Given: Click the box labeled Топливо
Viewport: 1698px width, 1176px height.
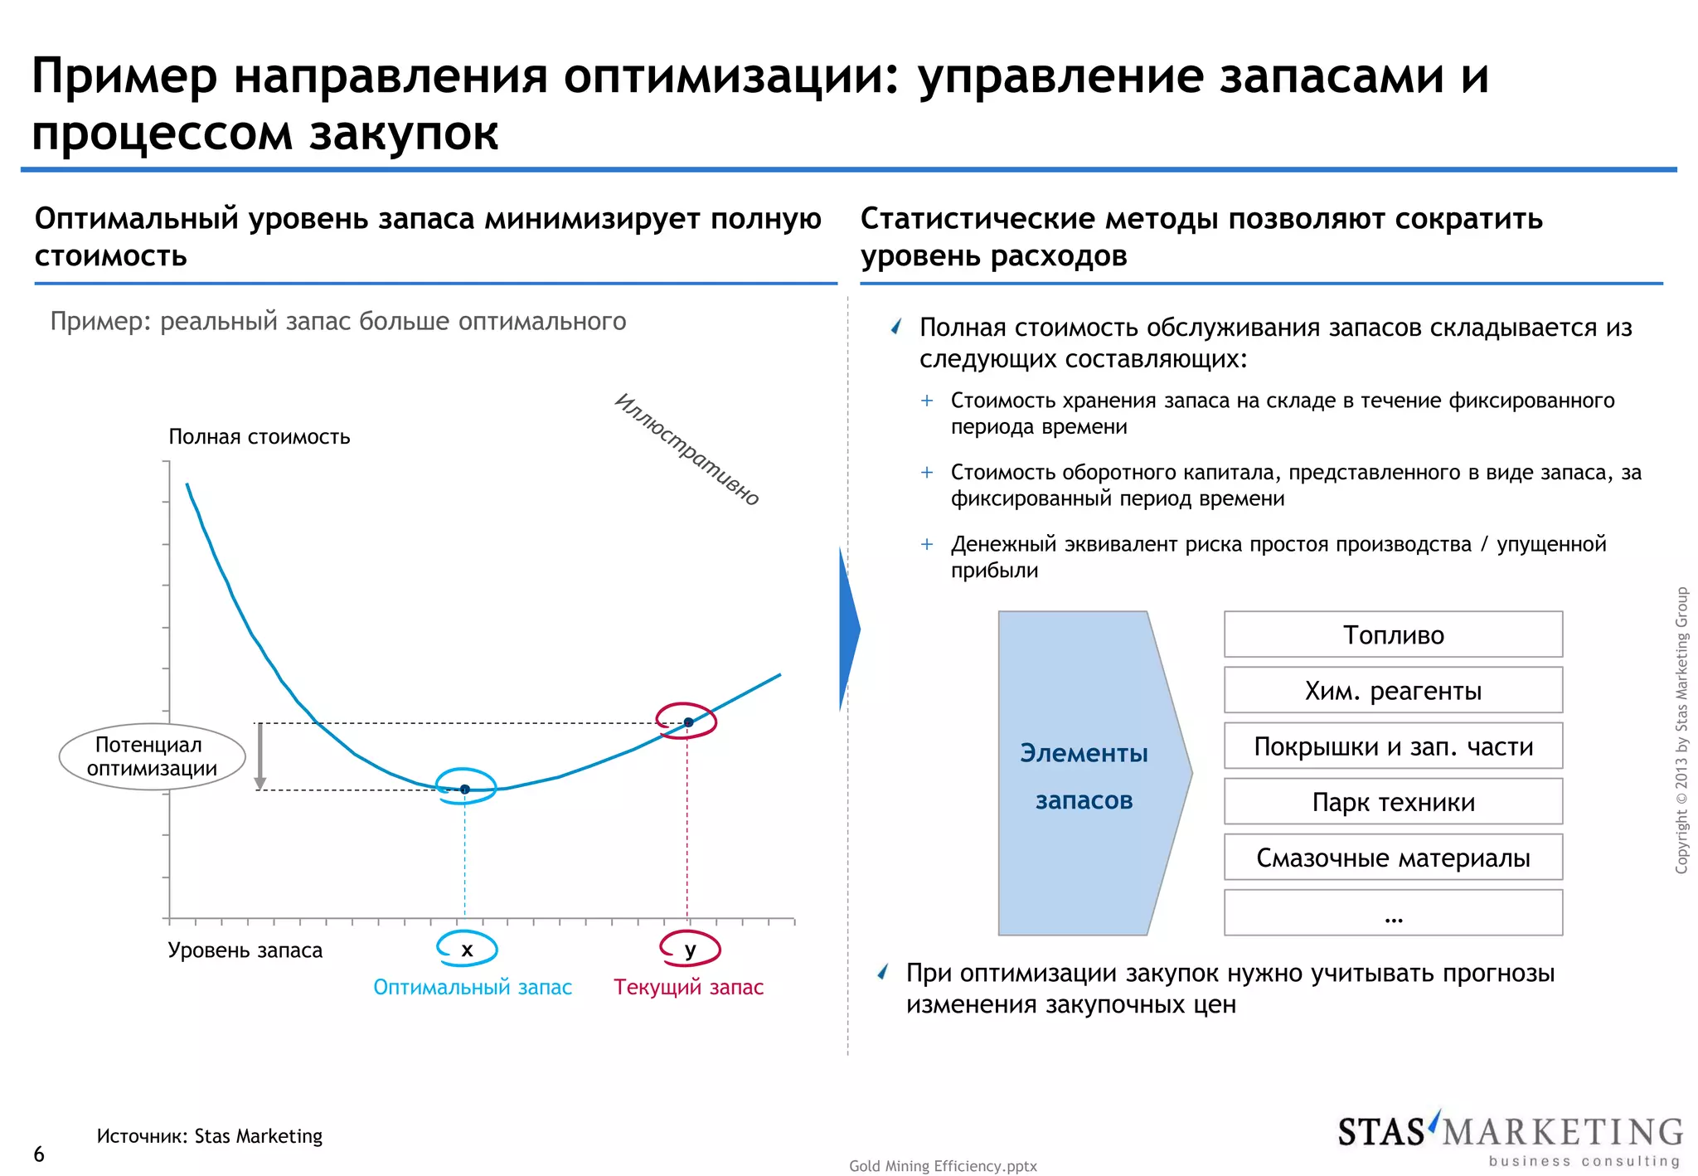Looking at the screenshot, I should (x=1393, y=634).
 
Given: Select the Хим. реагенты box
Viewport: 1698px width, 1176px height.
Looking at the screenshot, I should (x=1393, y=690).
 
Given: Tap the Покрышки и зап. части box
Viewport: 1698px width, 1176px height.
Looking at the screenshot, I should (x=1393, y=746).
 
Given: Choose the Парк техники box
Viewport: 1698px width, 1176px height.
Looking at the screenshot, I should (x=1393, y=801).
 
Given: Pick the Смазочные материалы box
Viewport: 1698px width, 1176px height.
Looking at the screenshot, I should (x=1393, y=857).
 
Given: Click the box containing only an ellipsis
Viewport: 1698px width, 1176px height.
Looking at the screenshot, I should (x=1393, y=912).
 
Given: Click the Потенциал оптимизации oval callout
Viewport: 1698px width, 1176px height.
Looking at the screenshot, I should (x=153, y=756).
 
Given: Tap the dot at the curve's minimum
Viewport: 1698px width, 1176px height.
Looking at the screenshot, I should (x=465, y=789).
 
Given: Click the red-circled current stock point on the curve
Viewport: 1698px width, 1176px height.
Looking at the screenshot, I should (x=688, y=722).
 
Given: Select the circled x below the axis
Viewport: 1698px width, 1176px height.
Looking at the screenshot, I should (x=467, y=950).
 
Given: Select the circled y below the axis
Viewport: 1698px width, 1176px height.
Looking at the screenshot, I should (x=690, y=950).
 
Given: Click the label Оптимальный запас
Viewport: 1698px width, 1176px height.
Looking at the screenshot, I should (x=473, y=987).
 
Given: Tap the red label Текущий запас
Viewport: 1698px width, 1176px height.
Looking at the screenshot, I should (x=688, y=987).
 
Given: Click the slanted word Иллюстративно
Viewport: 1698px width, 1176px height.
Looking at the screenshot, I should (x=687, y=449).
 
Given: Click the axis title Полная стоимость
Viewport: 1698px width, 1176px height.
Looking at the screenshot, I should (x=260, y=436).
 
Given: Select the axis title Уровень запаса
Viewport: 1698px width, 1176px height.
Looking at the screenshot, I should (x=245, y=950).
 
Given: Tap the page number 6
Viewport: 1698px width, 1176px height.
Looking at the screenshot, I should (x=39, y=1154).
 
